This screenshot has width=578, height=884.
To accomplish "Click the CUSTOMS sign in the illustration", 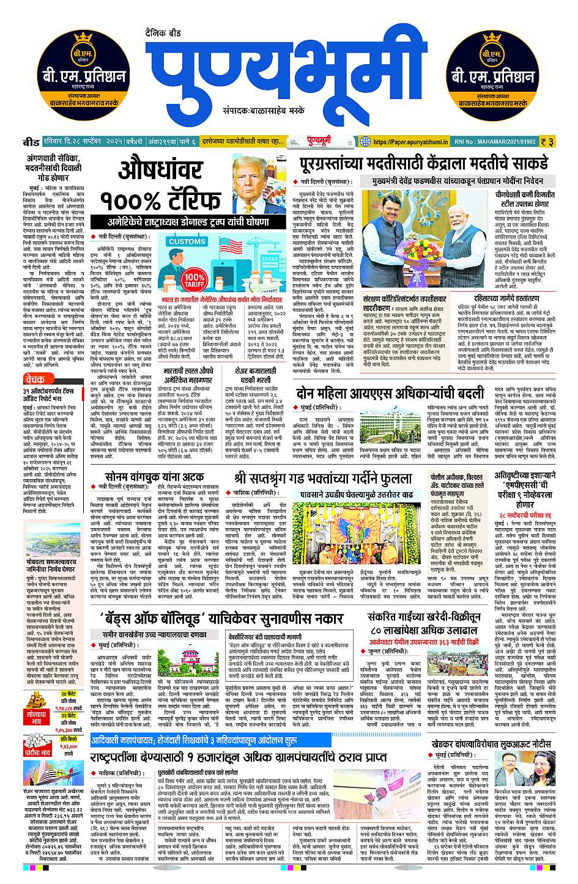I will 187,241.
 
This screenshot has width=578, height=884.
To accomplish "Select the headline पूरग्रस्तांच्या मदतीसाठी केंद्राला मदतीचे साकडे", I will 423,164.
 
